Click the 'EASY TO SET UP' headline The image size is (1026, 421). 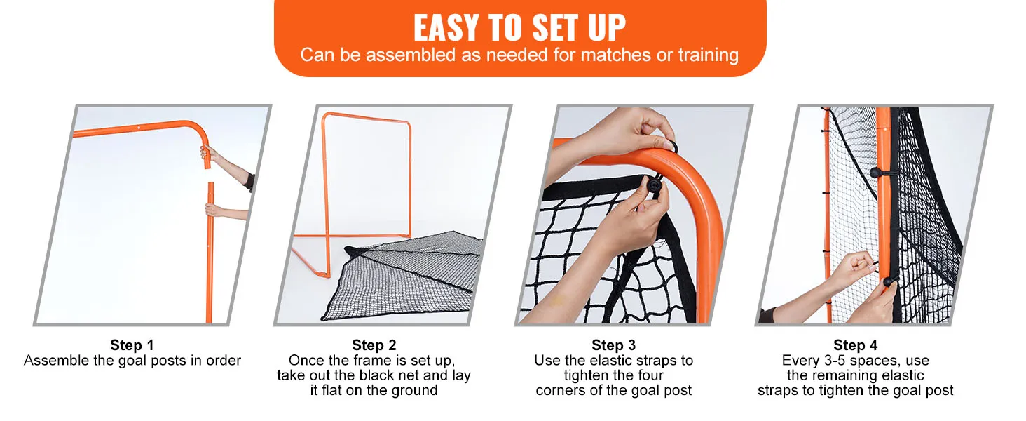click(519, 27)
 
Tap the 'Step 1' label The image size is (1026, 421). click(132, 345)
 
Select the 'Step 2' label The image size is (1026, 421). click(374, 345)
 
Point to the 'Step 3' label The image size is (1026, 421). click(613, 345)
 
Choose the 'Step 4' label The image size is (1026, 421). click(855, 345)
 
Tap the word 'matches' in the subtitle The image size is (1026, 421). click(615, 55)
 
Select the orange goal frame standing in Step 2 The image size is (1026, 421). click(352, 193)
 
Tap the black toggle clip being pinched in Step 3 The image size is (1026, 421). click(654, 186)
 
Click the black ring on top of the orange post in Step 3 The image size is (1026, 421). click(670, 146)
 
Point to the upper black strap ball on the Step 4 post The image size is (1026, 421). click(876, 173)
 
